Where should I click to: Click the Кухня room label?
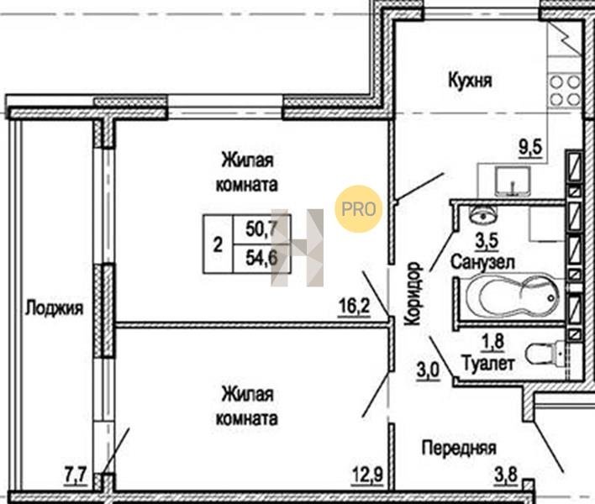point(470,81)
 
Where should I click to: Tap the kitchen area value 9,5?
point(531,148)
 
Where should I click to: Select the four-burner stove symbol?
point(565,91)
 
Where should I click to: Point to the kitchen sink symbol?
point(513,181)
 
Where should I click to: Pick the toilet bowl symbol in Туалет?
point(545,353)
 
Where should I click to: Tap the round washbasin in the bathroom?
point(483,215)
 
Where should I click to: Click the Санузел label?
point(482,262)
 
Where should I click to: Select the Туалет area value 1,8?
point(492,342)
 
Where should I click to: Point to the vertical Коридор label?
point(413,294)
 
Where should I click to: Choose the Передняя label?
point(459,448)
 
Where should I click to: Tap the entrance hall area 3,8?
point(506,475)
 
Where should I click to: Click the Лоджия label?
point(55,308)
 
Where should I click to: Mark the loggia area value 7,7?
point(76,475)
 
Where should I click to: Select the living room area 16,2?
point(355,307)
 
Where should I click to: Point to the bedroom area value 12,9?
point(367,475)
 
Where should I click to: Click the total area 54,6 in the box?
point(262,258)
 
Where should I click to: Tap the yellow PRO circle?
point(358,208)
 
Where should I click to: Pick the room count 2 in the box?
point(218,244)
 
